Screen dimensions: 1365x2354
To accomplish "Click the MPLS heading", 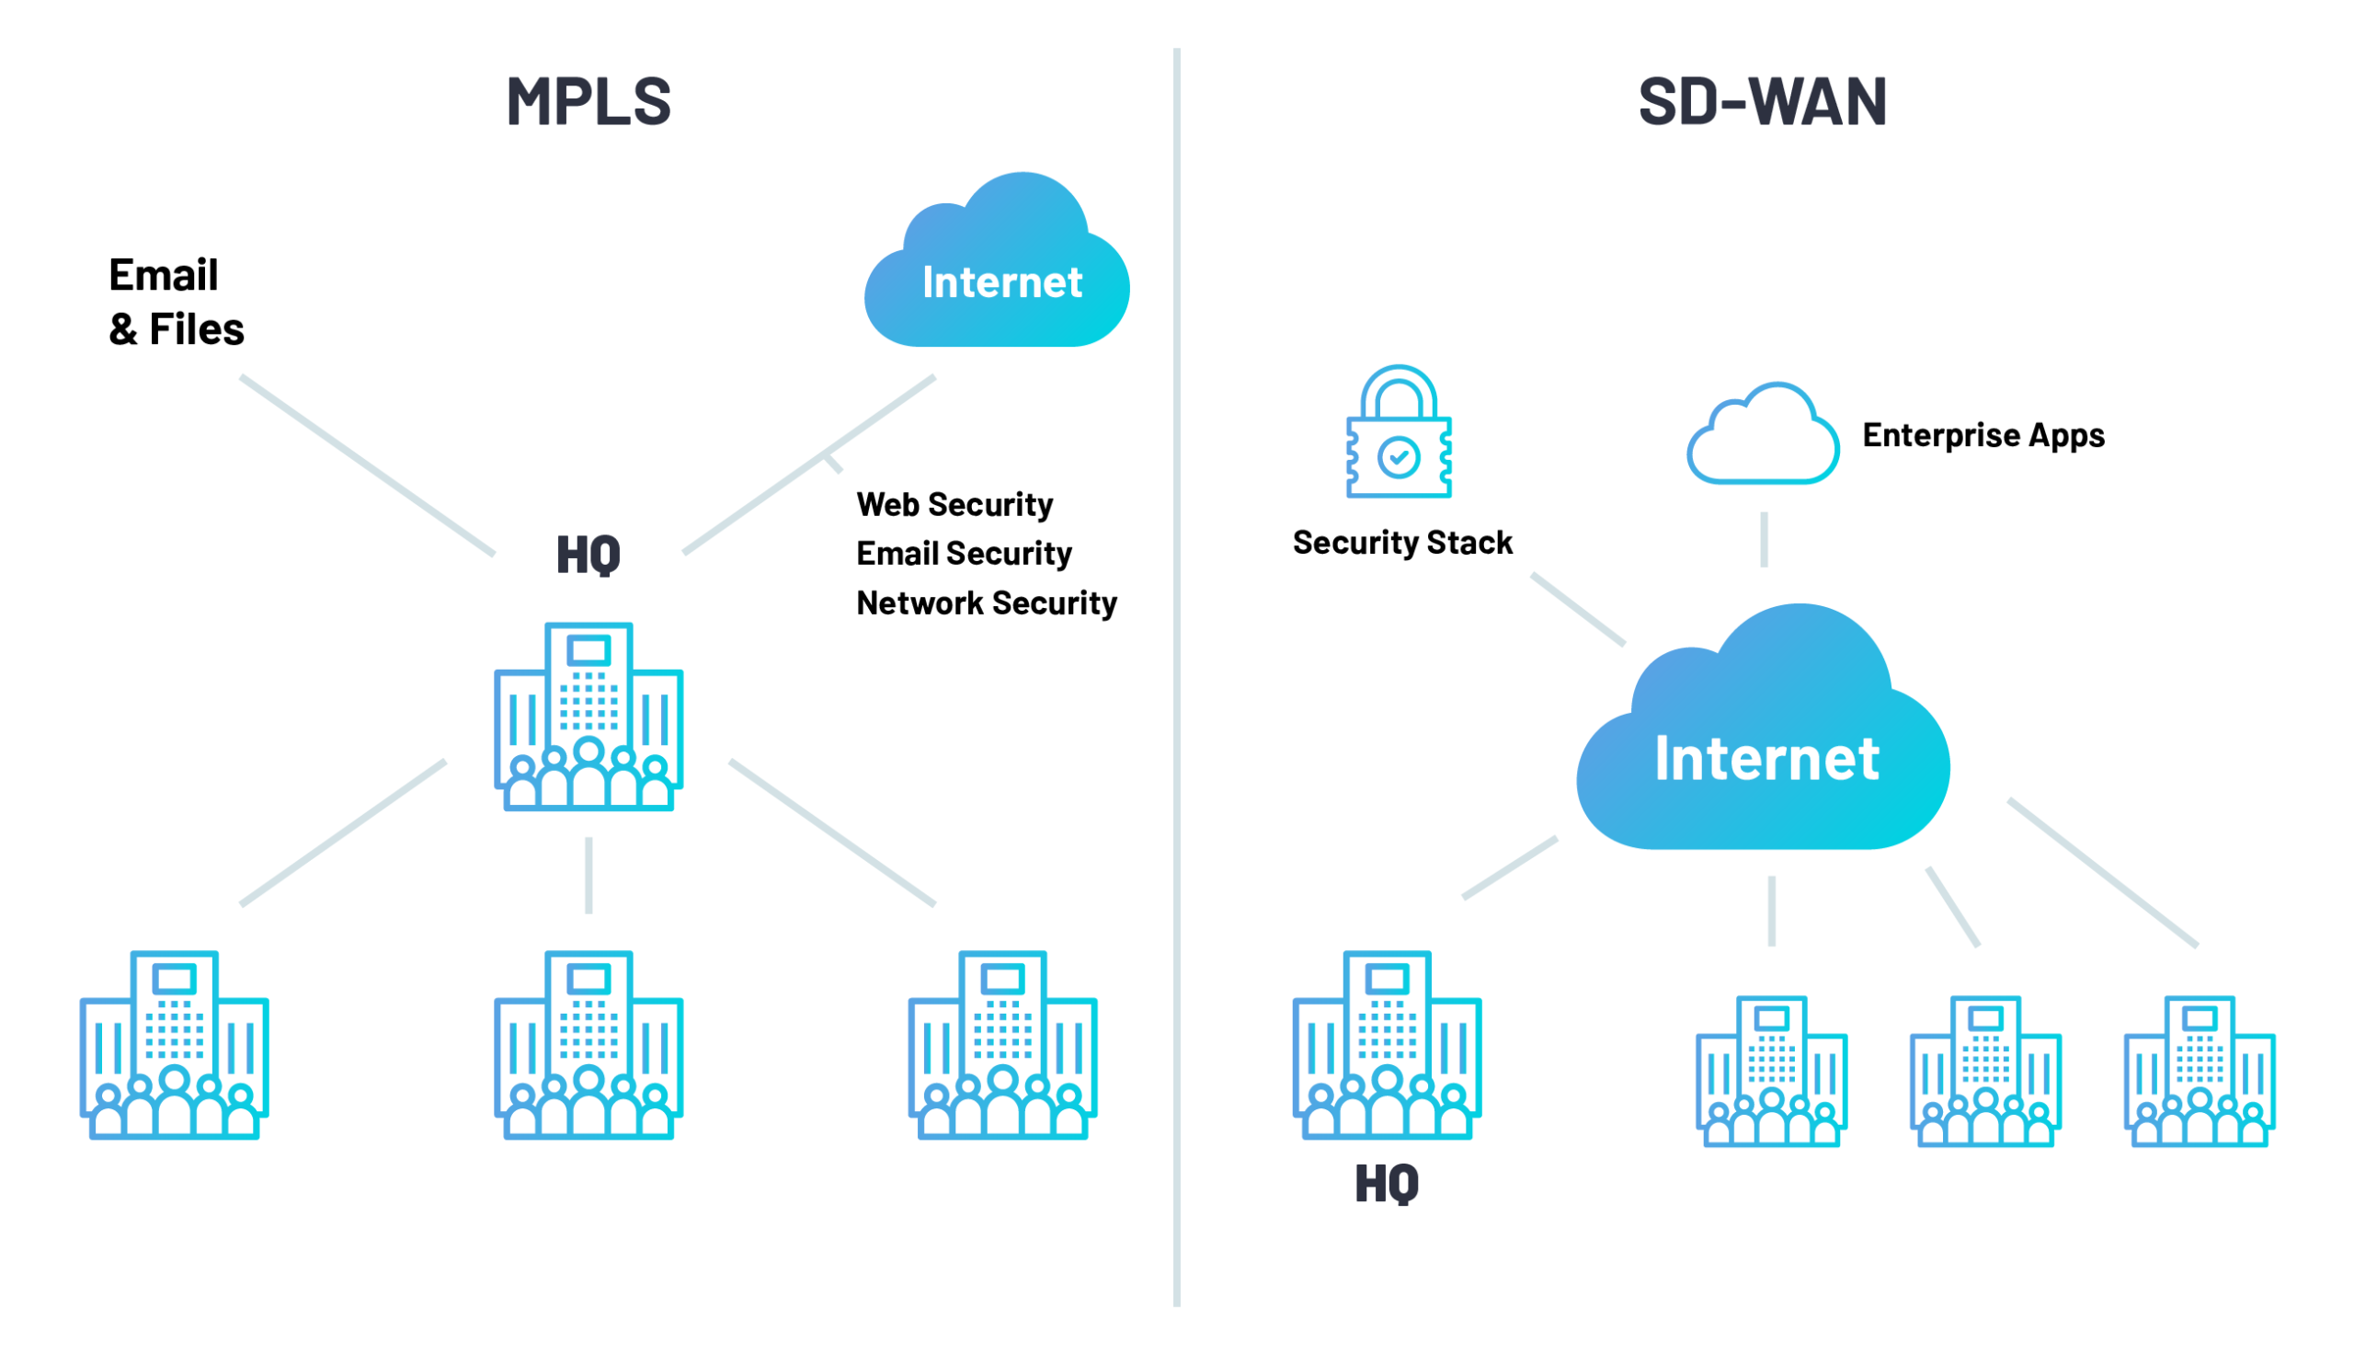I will pos(588,101).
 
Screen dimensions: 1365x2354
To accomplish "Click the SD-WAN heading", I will pos(1762,101).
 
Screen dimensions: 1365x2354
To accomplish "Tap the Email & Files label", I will pos(176,302).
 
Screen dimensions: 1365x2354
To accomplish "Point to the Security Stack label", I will pos(1401,543).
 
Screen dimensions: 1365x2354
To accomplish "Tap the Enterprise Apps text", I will pos(1983,435).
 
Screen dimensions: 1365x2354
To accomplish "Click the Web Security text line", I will pos(954,505).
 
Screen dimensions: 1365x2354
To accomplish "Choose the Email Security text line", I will pos(963,553).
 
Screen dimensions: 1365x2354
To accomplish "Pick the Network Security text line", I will pos(986,602).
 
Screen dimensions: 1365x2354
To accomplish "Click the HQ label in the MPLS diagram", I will pos(588,555).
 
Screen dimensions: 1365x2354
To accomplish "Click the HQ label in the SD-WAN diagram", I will pos(1387,1184).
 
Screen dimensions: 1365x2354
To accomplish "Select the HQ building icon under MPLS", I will pos(588,717).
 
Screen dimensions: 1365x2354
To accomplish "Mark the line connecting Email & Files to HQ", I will pos(367,465).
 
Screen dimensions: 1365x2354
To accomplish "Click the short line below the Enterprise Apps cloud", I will pos(1764,539).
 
